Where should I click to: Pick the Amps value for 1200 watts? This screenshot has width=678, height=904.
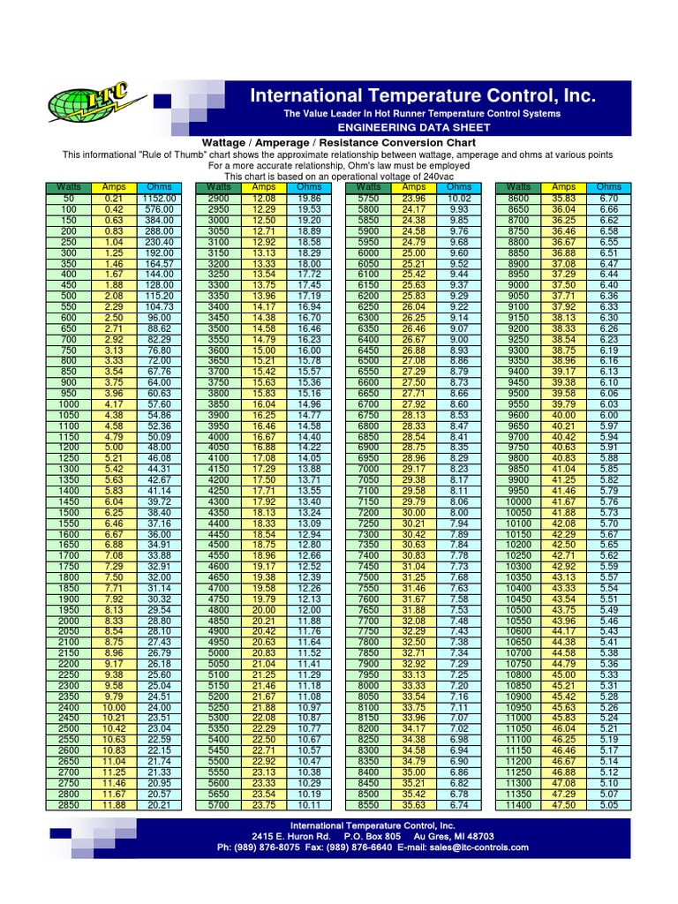(x=114, y=447)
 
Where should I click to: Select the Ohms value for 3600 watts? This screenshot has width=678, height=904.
(x=309, y=350)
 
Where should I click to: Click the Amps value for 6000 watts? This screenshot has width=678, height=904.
(x=414, y=252)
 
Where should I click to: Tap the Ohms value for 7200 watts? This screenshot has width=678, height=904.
(x=459, y=511)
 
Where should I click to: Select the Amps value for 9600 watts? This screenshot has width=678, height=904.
(x=564, y=415)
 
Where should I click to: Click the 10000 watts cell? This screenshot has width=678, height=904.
(x=519, y=501)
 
